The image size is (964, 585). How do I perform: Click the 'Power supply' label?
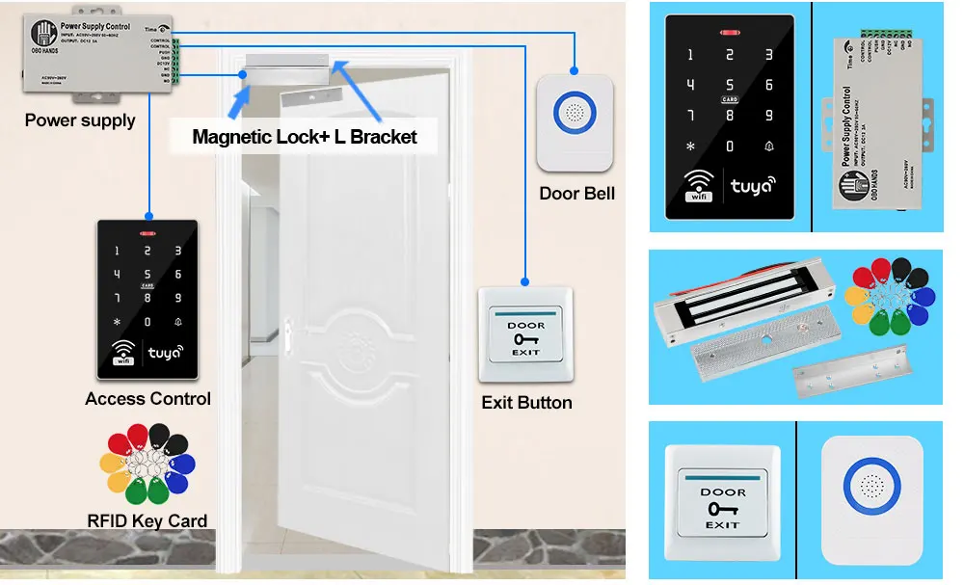(80, 120)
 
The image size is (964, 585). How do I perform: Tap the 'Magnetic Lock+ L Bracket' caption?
(305, 137)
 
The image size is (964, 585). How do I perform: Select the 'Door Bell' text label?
(576, 193)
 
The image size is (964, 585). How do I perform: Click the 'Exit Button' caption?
(526, 402)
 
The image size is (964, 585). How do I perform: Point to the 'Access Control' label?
(147, 398)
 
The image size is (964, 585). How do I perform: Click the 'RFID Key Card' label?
(147, 520)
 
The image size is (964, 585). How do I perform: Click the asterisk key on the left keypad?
(118, 322)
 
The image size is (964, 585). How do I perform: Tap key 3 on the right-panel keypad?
(769, 55)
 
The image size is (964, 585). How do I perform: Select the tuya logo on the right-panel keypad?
(752, 185)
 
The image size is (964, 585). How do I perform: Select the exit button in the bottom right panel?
(722, 501)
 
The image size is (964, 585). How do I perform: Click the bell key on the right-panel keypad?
(769, 146)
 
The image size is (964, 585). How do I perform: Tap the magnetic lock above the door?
(286, 66)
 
